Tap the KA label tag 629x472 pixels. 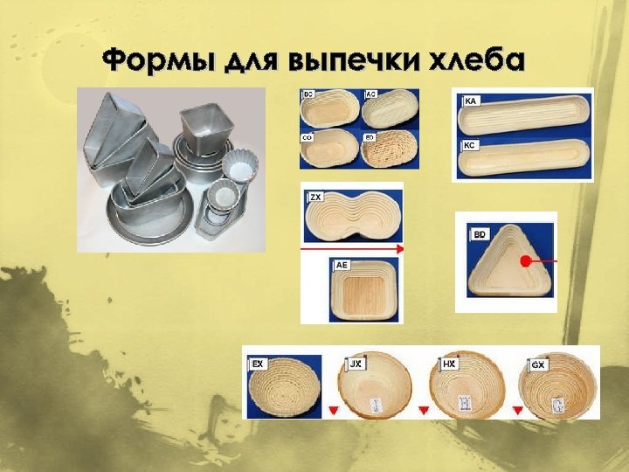470,102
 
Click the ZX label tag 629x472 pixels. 316,198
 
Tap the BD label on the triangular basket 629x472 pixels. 480,235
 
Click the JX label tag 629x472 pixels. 356,362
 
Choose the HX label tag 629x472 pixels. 449,362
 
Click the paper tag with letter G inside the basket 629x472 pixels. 556,404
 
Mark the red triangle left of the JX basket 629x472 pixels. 332,409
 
